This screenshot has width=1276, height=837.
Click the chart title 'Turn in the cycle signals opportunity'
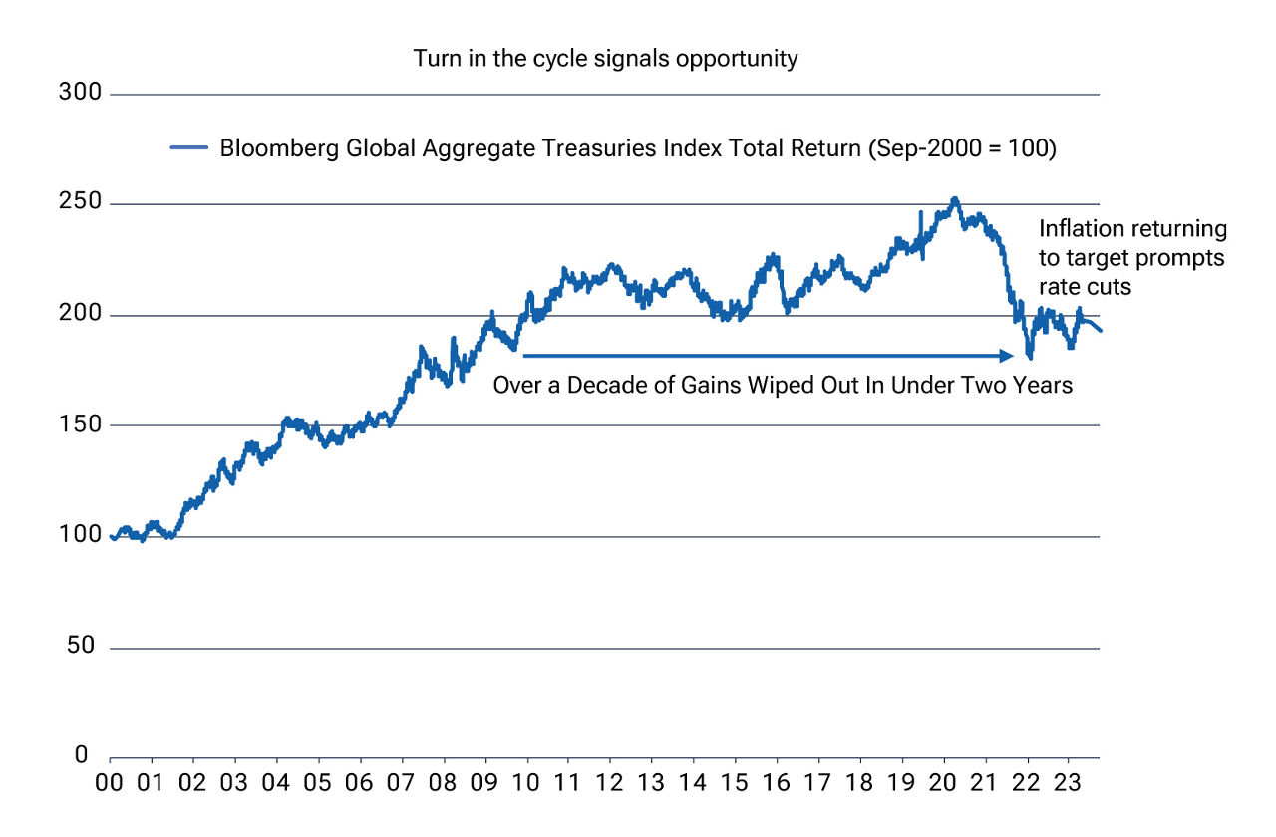click(x=605, y=59)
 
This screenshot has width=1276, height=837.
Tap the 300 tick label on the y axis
click(x=82, y=94)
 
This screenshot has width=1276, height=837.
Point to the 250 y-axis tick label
click(x=82, y=204)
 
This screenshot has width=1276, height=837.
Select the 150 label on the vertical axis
click(x=82, y=425)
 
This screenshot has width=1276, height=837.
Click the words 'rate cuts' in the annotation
click(x=1083, y=286)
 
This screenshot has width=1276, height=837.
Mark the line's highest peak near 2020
click(x=954, y=198)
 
